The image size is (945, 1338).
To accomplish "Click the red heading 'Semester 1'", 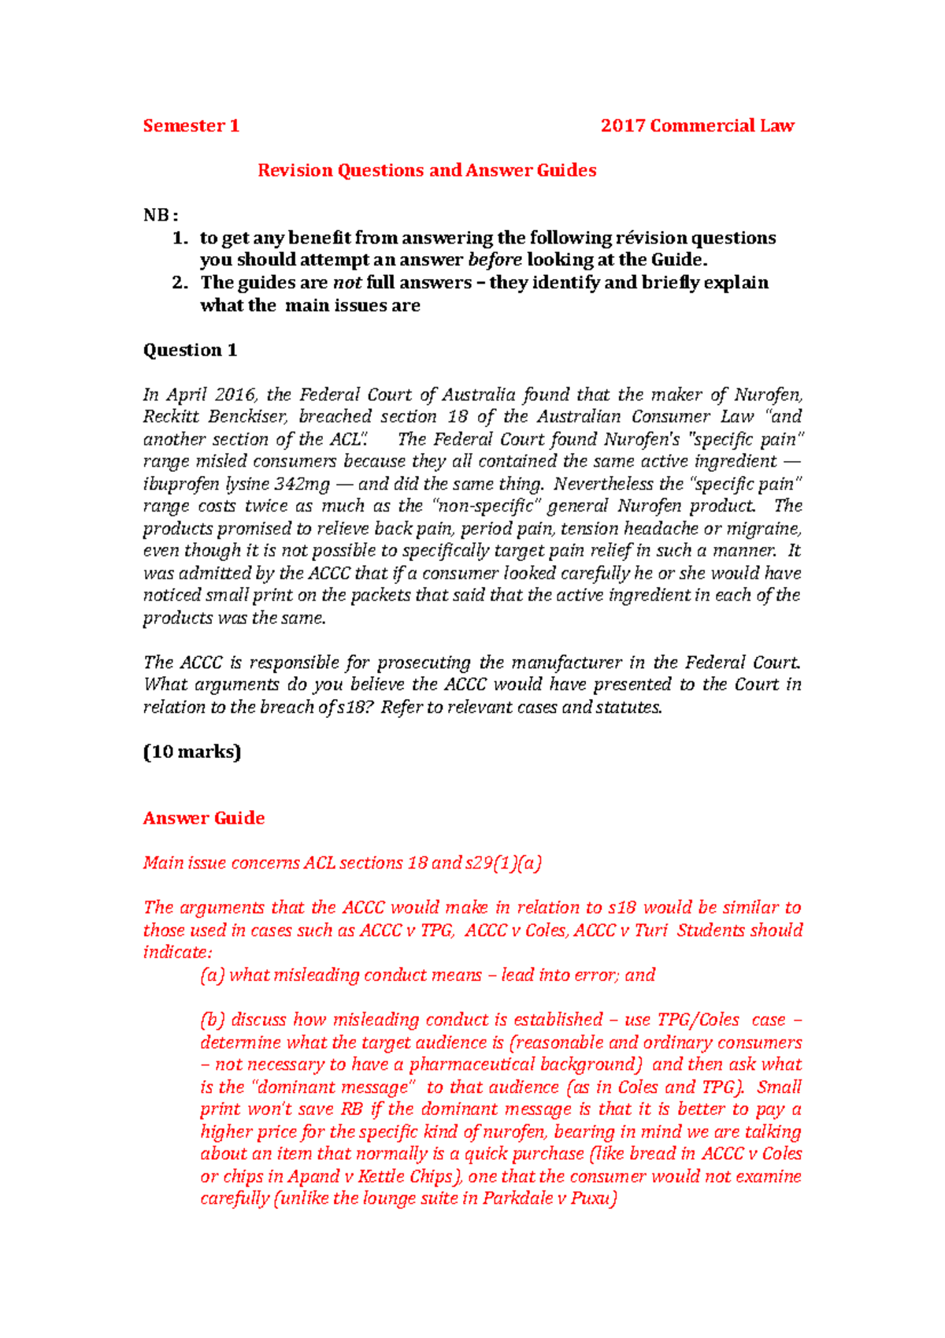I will tap(191, 126).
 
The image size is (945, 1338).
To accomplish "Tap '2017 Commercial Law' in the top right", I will tap(697, 126).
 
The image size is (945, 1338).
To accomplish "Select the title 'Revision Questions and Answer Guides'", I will tap(427, 170).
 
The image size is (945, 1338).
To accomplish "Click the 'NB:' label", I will tap(161, 215).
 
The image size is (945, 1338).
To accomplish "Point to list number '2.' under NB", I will tap(180, 282).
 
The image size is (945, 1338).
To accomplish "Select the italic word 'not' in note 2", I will tap(346, 282).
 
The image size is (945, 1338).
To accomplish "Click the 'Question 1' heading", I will tap(190, 350).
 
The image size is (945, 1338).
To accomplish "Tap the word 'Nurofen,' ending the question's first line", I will tap(768, 394).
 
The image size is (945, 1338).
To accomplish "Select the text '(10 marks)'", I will tap(191, 752).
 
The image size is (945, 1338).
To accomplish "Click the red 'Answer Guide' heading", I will tap(203, 818).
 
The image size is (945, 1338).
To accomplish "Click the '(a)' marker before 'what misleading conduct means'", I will tap(212, 976).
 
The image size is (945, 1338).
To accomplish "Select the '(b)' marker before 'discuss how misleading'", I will tap(212, 1020).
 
